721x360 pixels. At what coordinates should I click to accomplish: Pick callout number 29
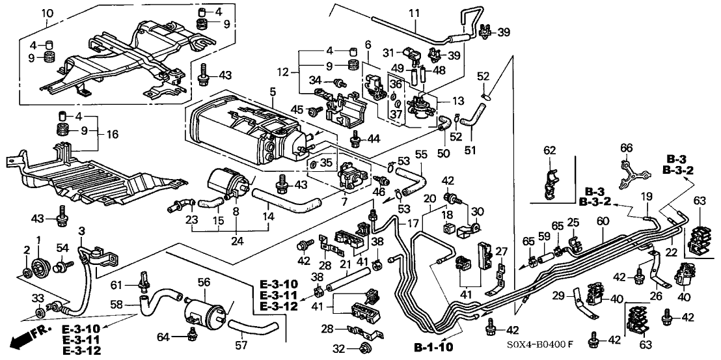557,296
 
